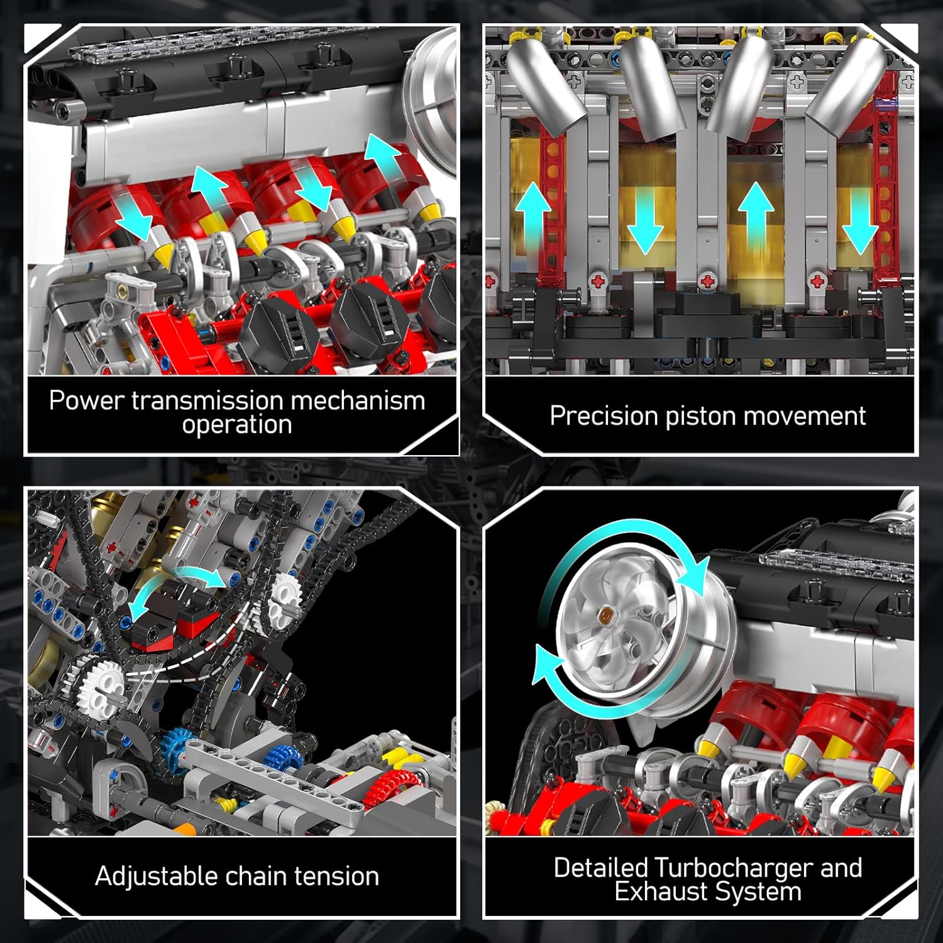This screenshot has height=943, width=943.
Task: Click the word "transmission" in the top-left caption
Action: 207,400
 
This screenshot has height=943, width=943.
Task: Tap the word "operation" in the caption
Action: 237,425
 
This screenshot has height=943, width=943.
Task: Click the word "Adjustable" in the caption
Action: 156,876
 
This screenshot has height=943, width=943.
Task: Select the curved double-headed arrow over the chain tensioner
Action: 176,588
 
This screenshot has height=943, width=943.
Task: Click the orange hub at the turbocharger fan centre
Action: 607,612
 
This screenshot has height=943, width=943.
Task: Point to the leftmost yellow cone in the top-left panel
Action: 162,255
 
